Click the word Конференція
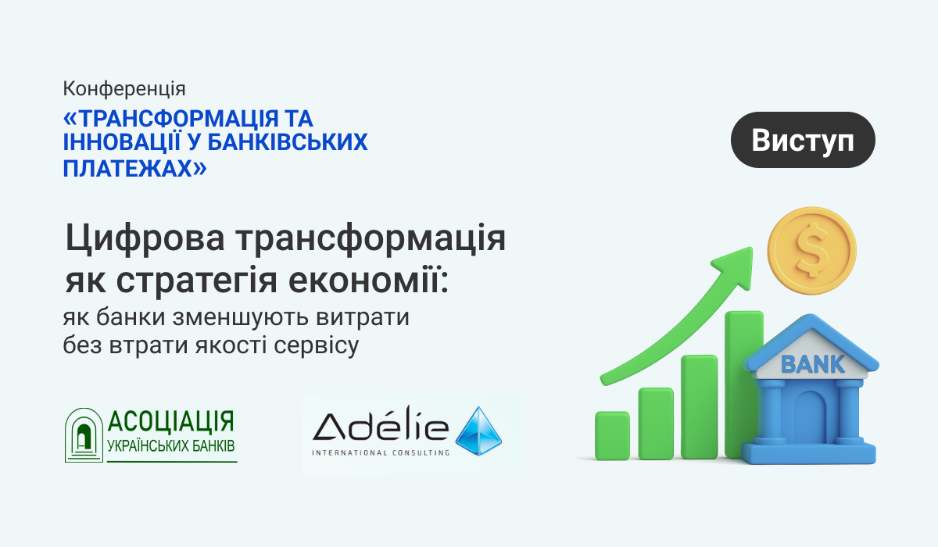point(124,89)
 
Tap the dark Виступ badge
point(803,140)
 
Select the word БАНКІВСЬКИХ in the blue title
point(288,142)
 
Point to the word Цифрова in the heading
point(145,238)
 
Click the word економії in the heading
point(368,280)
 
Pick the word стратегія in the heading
point(196,281)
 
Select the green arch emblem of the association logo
point(84,435)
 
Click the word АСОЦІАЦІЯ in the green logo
point(170,421)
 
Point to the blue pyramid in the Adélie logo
point(478,431)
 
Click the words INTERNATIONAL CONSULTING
point(381,452)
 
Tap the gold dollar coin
point(811,251)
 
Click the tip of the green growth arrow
point(752,248)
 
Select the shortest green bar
point(612,435)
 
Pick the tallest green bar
point(744,384)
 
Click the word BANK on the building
point(813,364)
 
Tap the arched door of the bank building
point(810,420)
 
